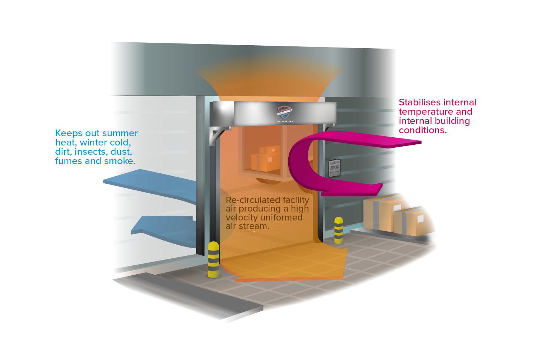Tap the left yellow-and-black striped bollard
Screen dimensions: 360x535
pyautogui.click(x=213, y=259)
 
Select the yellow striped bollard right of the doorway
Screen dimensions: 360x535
pyautogui.click(x=338, y=230)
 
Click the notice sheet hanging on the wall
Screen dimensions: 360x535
pyautogui.click(x=334, y=168)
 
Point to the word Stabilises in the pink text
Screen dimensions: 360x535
pyautogui.click(x=420, y=102)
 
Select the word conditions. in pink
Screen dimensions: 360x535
pyautogui.click(x=423, y=130)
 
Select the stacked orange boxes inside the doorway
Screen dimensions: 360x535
pyautogui.click(x=266, y=159)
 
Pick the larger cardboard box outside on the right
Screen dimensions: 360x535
pyautogui.click(x=382, y=212)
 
